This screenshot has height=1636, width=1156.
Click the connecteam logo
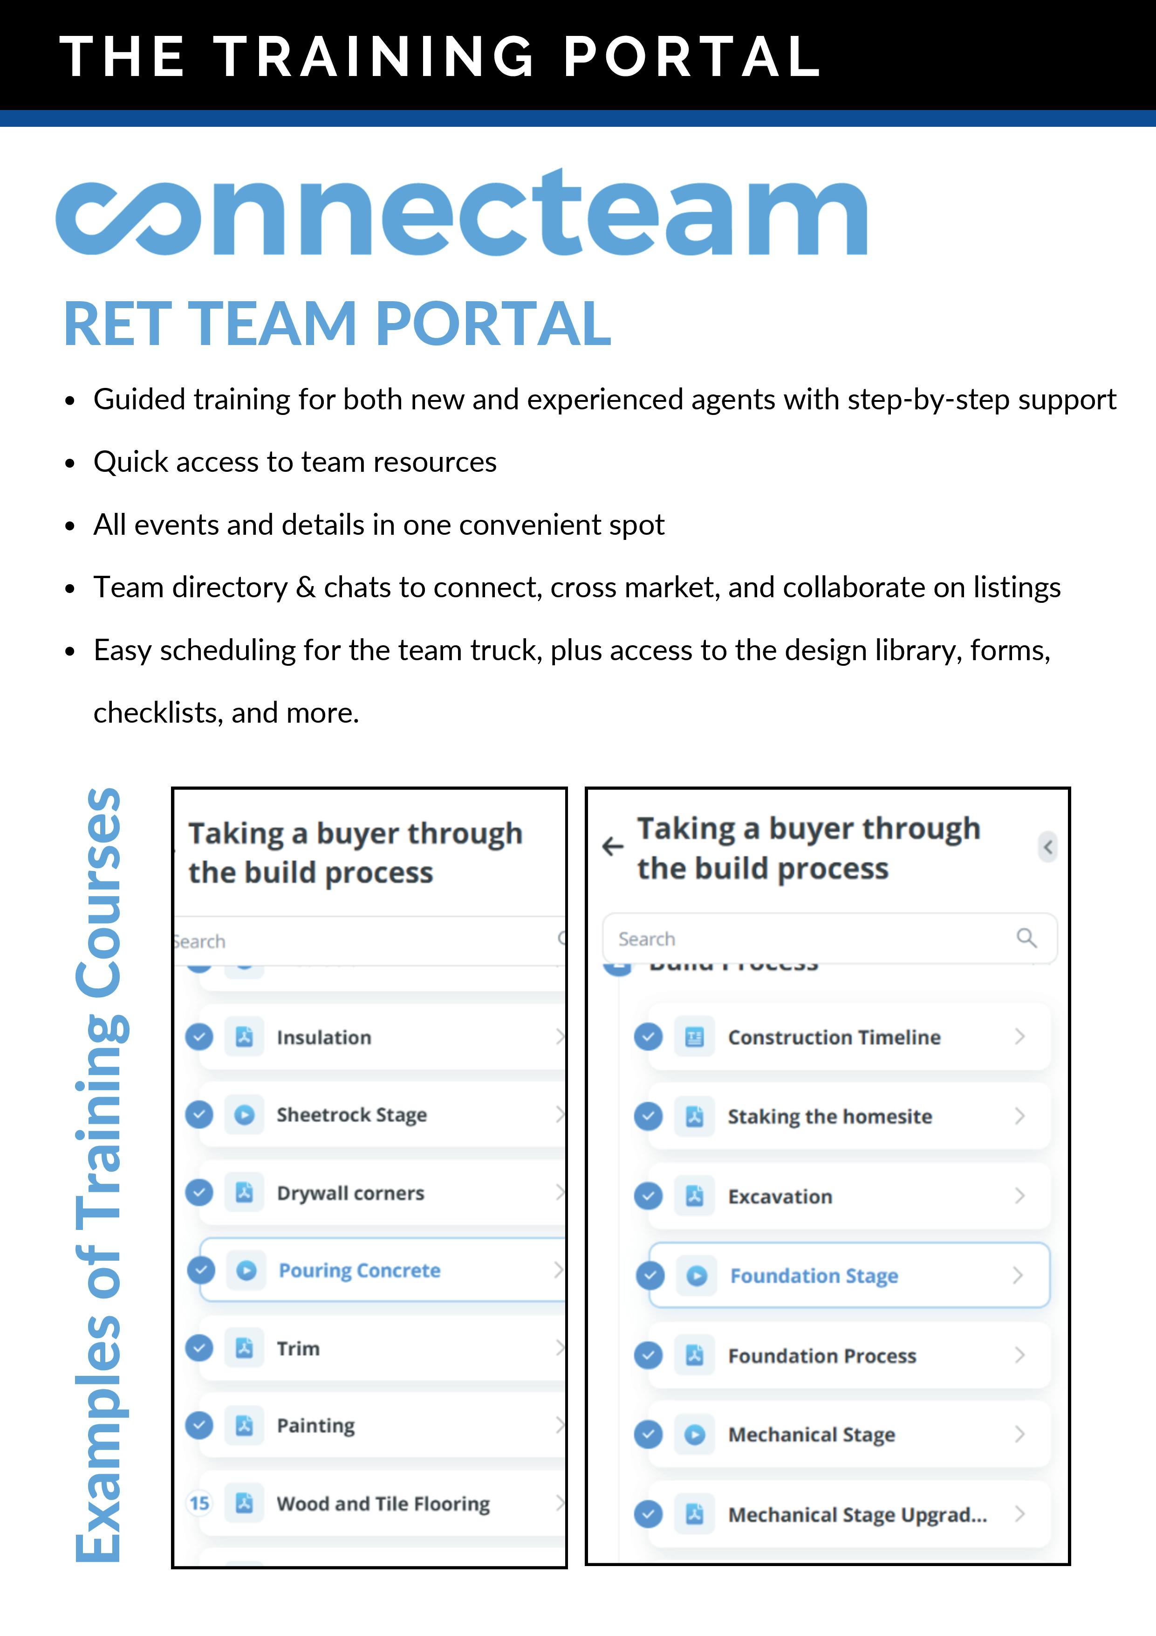pyautogui.click(x=462, y=214)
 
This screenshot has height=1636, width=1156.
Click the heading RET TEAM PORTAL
pyautogui.click(x=337, y=324)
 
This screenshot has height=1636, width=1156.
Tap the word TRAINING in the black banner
pyautogui.click(x=374, y=56)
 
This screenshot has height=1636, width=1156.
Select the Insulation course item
pyautogui.click(x=324, y=1037)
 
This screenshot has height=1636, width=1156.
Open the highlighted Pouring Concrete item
pyautogui.click(x=360, y=1270)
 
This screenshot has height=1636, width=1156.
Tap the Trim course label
pyautogui.click(x=299, y=1349)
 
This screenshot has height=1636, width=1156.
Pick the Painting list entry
pyautogui.click(x=315, y=1426)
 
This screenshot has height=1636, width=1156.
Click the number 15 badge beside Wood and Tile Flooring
pyautogui.click(x=199, y=1504)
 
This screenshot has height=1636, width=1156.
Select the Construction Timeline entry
pyautogui.click(x=834, y=1037)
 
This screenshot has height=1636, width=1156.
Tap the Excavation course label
pyautogui.click(x=780, y=1196)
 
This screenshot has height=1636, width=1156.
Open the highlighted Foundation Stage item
pyautogui.click(x=814, y=1276)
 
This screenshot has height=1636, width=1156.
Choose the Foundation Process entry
pyautogui.click(x=822, y=1355)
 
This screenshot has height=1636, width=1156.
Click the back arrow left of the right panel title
pyautogui.click(x=613, y=847)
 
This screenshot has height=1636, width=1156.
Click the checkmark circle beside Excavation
pyautogui.click(x=648, y=1196)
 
